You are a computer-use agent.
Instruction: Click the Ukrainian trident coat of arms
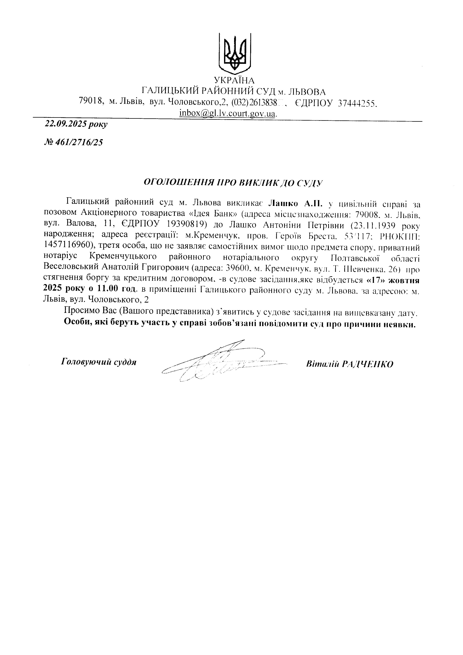pos(234,52)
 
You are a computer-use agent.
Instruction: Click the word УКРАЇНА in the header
pos(234,80)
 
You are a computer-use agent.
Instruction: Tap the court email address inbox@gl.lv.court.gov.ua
pos(228,113)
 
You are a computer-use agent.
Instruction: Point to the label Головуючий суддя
pos(98,362)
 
